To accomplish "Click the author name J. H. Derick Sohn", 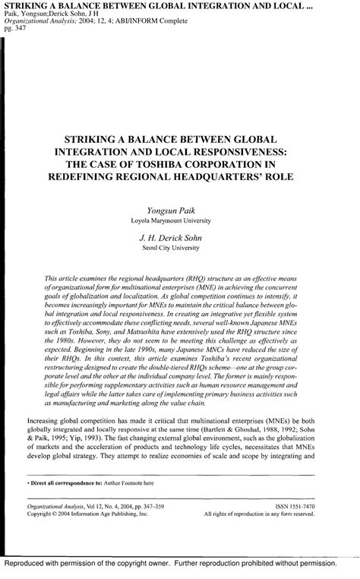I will pos(179,238).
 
